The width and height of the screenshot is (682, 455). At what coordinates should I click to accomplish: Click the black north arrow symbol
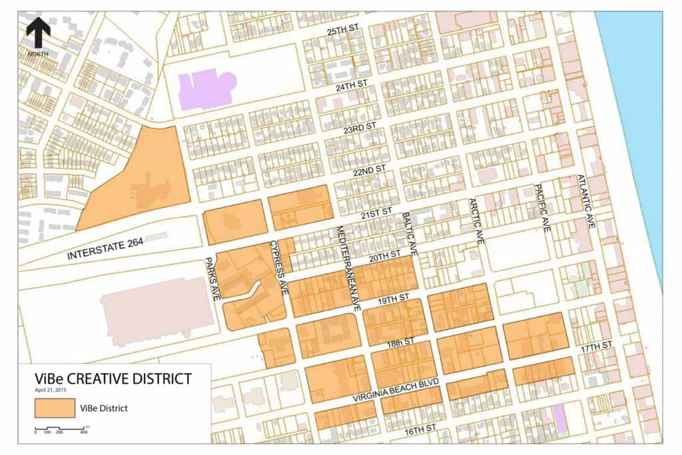(x=39, y=32)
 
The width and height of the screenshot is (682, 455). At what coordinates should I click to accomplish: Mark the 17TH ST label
(x=595, y=348)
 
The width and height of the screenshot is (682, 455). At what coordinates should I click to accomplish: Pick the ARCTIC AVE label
(x=477, y=220)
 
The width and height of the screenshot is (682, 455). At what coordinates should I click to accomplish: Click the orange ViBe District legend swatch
(x=54, y=407)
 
